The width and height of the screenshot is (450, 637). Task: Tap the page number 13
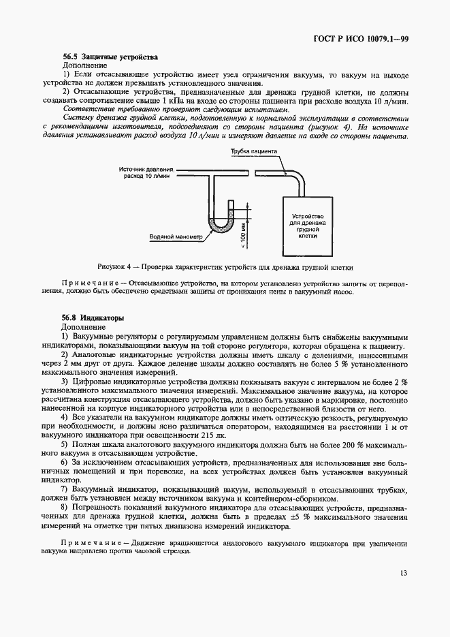point(404,593)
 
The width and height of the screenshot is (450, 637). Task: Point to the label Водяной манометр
point(176,237)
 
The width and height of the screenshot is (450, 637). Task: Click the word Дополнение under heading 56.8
point(84,327)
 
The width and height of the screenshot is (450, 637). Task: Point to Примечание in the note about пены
point(93,281)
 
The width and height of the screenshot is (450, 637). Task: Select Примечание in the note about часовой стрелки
point(93,543)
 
